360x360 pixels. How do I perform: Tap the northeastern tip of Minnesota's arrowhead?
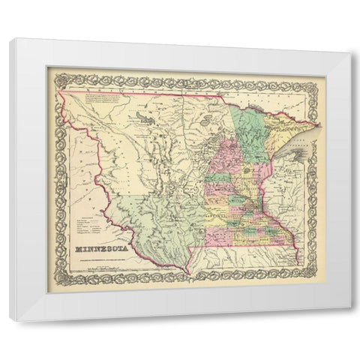[320, 124]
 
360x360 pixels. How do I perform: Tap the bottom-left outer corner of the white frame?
[10, 321]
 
